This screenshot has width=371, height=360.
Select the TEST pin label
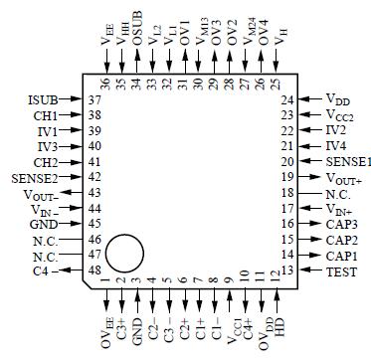point(341,271)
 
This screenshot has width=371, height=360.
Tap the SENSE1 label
point(348,161)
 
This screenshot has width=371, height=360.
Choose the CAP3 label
point(341,224)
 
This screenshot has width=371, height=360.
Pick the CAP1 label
point(341,256)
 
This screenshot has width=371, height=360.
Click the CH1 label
point(47,115)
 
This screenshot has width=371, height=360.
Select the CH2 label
point(47,161)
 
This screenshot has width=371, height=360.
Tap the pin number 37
point(95,100)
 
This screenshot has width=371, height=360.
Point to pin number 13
point(286,271)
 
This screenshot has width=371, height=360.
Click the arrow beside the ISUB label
point(74,100)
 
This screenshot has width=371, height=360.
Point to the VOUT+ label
point(343,177)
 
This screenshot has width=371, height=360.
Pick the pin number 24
point(286,100)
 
